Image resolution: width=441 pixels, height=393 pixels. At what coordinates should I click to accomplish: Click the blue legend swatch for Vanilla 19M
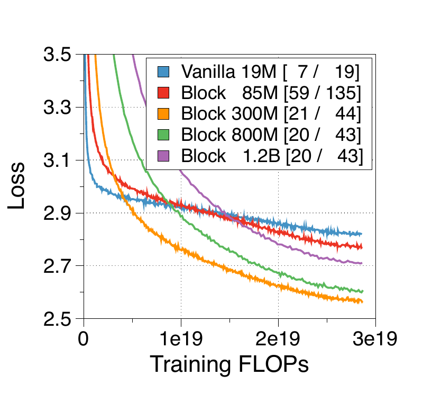click(163, 72)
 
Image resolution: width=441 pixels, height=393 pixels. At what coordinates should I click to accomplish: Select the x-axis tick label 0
click(83, 338)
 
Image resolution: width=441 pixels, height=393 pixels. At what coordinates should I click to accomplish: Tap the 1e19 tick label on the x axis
click(181, 338)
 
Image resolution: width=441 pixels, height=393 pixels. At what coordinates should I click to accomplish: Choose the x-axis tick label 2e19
click(279, 338)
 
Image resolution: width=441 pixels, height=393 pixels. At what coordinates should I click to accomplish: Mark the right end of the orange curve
click(362, 301)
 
